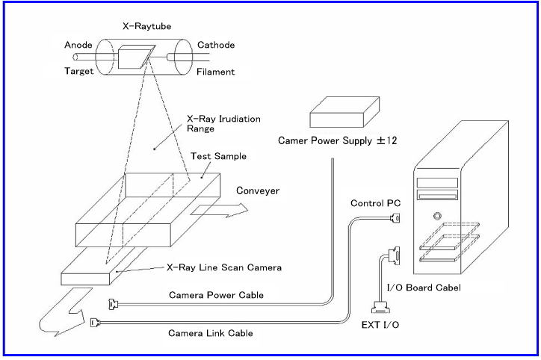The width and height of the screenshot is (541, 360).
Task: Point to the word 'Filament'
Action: coord(217,72)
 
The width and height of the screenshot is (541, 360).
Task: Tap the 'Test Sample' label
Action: coord(217,156)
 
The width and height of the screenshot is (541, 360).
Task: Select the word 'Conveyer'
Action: coord(257,190)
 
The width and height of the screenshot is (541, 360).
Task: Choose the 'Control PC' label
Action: coord(373,203)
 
